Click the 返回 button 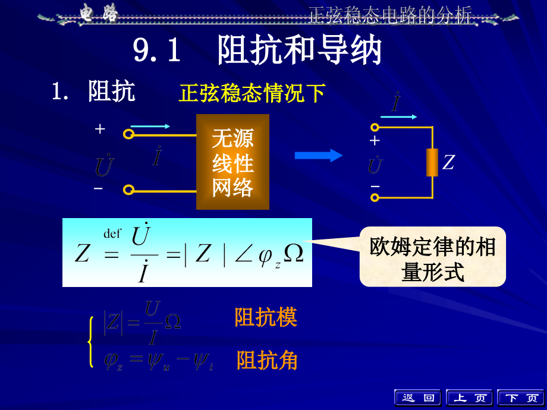417,398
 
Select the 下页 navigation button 520,398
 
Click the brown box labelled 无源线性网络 232,162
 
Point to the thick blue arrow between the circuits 319,156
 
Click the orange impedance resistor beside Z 432,162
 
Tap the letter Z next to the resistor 448,162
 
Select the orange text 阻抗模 266,317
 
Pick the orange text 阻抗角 267,360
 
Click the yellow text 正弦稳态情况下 252,93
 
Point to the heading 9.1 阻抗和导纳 257,51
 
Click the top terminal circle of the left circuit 128,134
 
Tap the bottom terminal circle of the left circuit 128,190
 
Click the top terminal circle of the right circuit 375,127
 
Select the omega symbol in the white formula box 294,253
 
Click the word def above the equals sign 112,234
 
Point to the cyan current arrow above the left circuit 150,126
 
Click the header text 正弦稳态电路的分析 389,16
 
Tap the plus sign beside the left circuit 100,129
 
